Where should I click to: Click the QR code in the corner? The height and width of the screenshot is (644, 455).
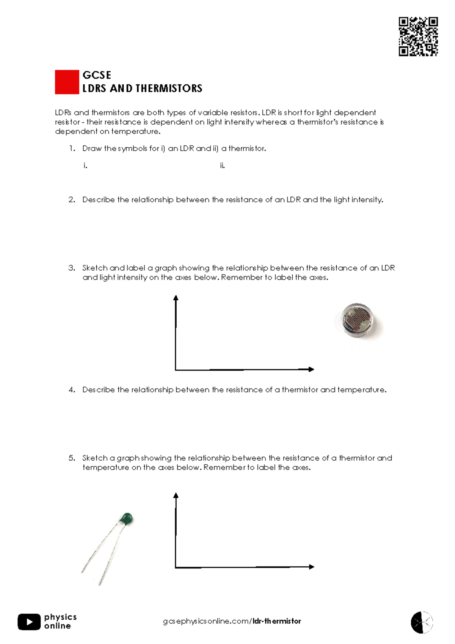[x=418, y=36]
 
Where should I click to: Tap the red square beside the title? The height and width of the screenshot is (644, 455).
[x=67, y=82]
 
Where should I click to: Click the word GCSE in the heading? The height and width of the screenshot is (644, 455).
[x=97, y=75]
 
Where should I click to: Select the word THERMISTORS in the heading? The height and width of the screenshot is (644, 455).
[x=169, y=88]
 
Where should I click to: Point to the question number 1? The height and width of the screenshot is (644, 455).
[x=72, y=148]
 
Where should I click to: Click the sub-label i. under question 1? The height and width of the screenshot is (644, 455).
[x=85, y=166]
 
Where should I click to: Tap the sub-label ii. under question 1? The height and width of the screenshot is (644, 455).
[x=222, y=166]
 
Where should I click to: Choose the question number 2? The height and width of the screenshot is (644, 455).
[x=72, y=200]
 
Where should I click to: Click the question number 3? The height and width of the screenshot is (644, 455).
[x=72, y=268]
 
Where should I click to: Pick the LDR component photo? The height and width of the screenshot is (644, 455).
[x=358, y=321]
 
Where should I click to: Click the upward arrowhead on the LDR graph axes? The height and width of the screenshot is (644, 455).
[x=176, y=298]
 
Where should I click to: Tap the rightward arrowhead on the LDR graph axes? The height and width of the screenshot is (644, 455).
[x=311, y=369]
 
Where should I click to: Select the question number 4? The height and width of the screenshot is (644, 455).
[x=72, y=390]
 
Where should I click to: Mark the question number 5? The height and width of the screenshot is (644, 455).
[x=72, y=458]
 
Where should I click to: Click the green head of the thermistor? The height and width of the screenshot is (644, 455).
[x=126, y=518]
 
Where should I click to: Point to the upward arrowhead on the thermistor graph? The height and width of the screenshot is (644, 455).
[x=176, y=496]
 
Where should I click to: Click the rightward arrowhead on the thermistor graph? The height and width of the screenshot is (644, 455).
[x=311, y=567]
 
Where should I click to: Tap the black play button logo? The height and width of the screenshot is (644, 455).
[x=29, y=622]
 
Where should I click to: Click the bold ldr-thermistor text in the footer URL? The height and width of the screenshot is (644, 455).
[x=277, y=621]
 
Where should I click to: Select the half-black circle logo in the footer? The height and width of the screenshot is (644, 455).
[x=422, y=622]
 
